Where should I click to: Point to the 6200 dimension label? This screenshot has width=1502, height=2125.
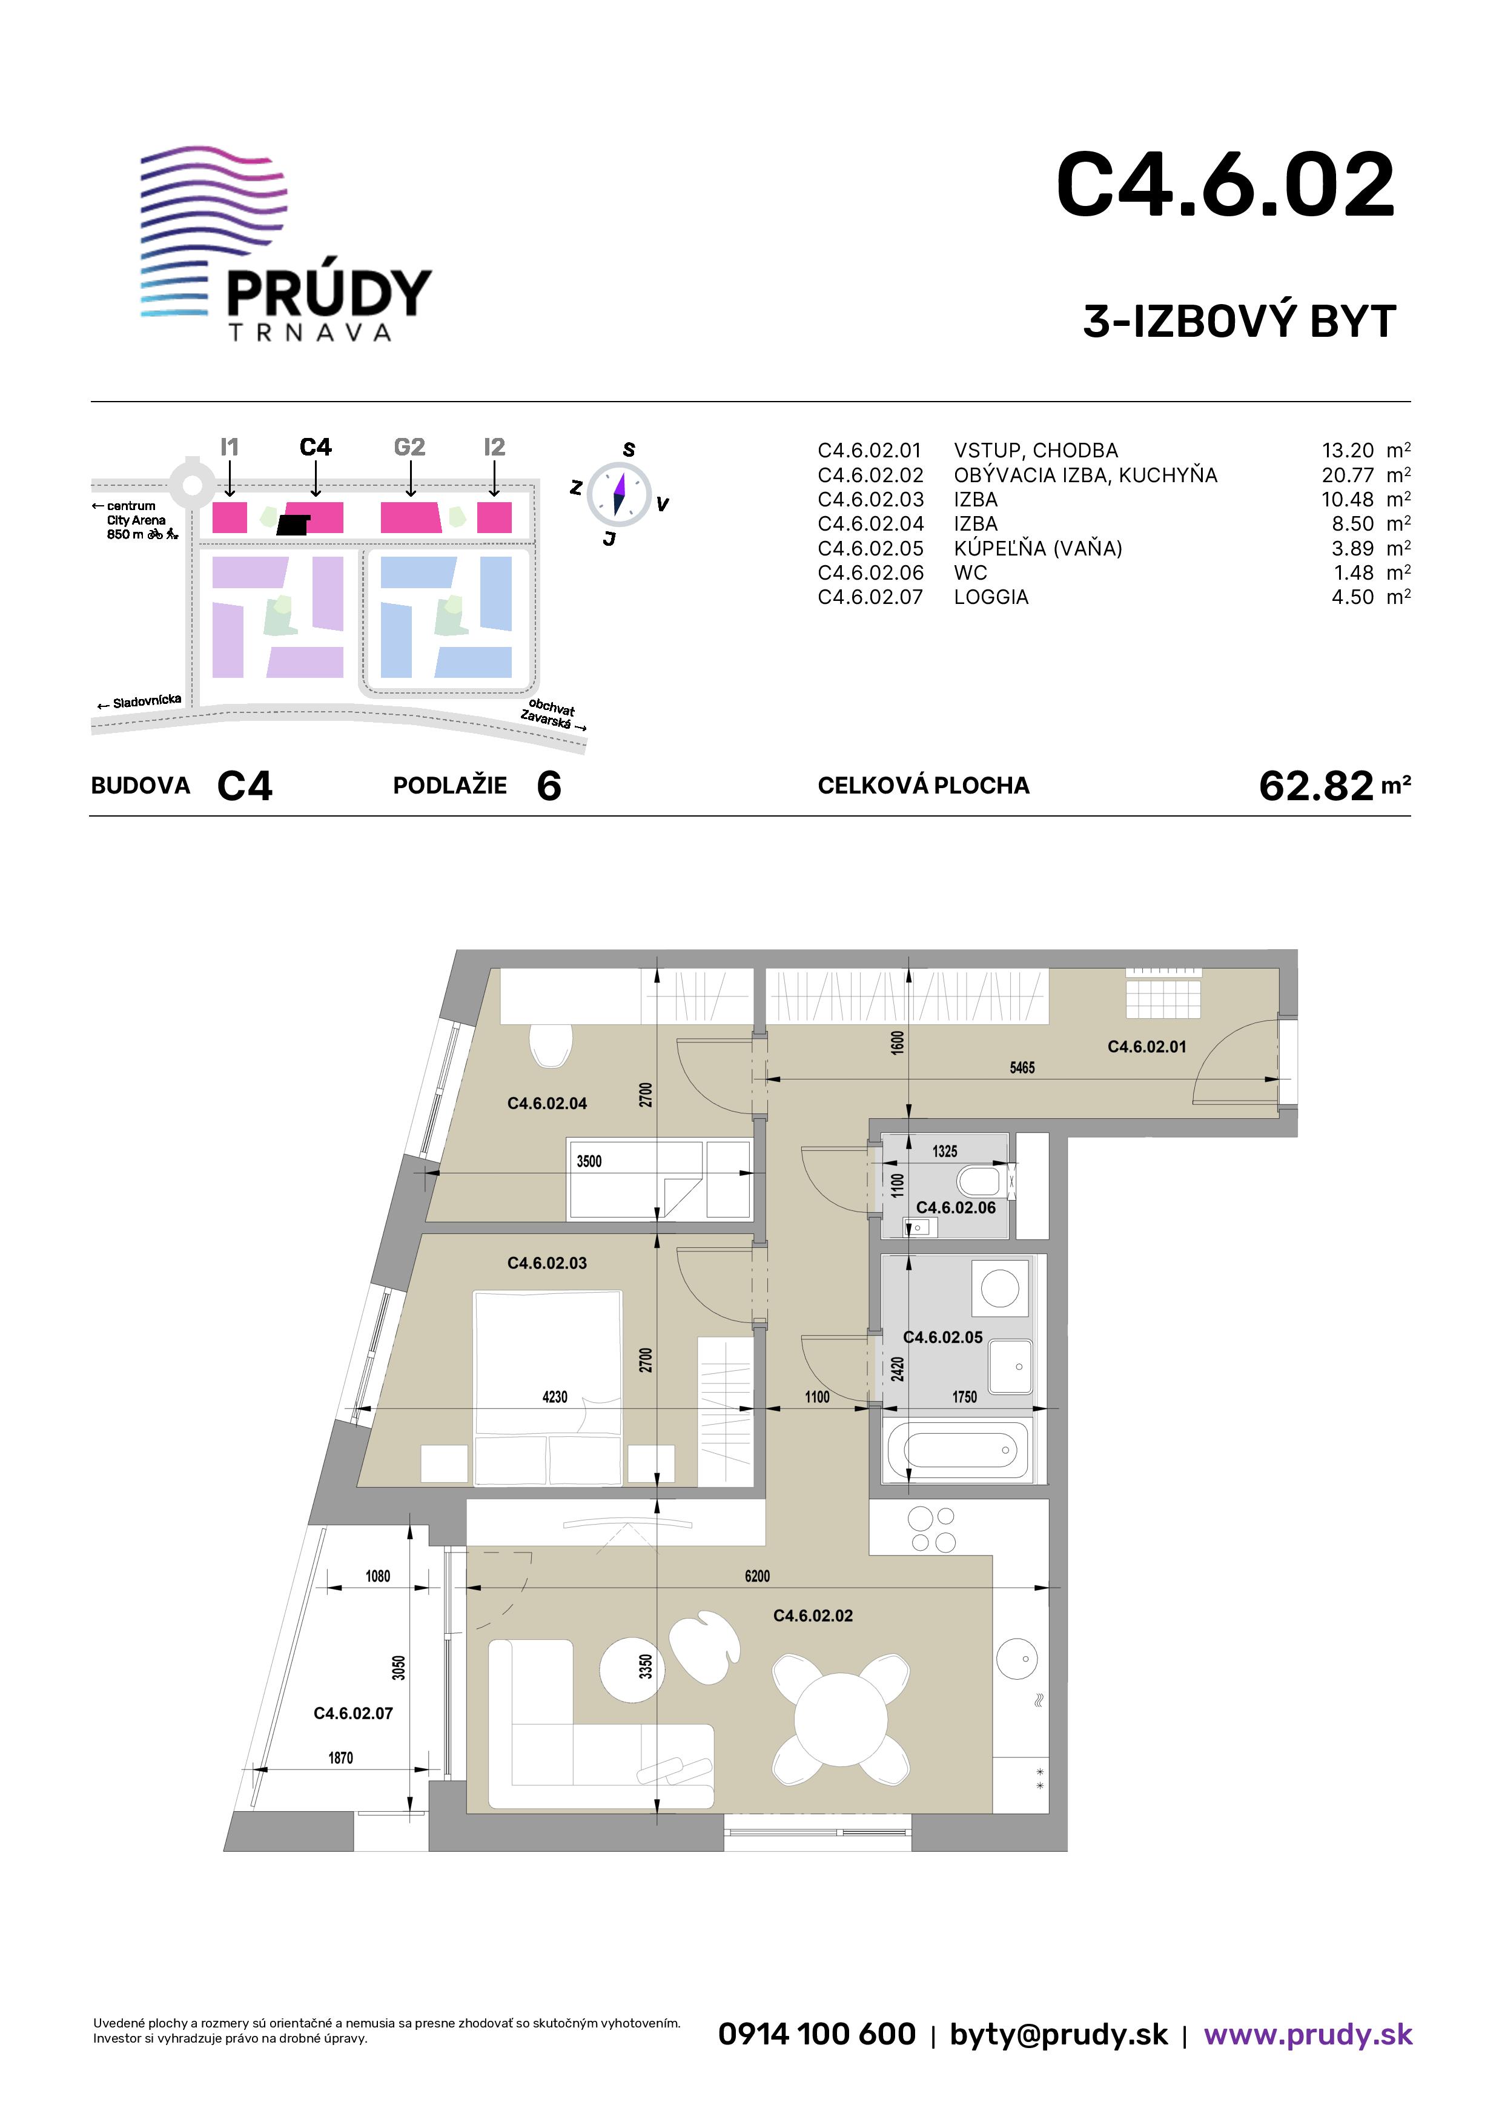[x=757, y=1576]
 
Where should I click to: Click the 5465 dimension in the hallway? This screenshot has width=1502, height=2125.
[x=1022, y=1067]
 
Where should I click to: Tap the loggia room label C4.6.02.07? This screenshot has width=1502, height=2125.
[x=354, y=1713]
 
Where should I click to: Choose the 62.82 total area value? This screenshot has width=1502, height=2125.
[x=1316, y=786]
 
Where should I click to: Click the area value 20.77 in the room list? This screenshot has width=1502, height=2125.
[x=1348, y=475]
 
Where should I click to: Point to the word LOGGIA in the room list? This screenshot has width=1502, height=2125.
[x=991, y=597]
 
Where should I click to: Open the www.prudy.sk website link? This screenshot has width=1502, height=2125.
[x=1308, y=2034]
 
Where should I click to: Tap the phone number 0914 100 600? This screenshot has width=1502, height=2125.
[x=816, y=2034]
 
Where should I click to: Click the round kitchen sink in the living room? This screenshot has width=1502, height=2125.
[x=1017, y=1659]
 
